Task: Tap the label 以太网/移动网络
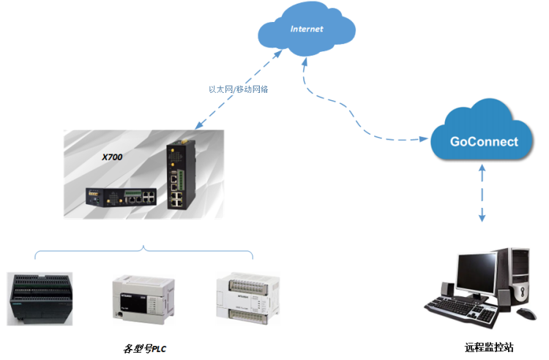pyautogui.click(x=238, y=89)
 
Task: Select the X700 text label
pyautogui.click(x=113, y=157)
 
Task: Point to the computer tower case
pyautogui.click(x=515, y=276)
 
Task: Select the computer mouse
pyautogui.click(x=526, y=314)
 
